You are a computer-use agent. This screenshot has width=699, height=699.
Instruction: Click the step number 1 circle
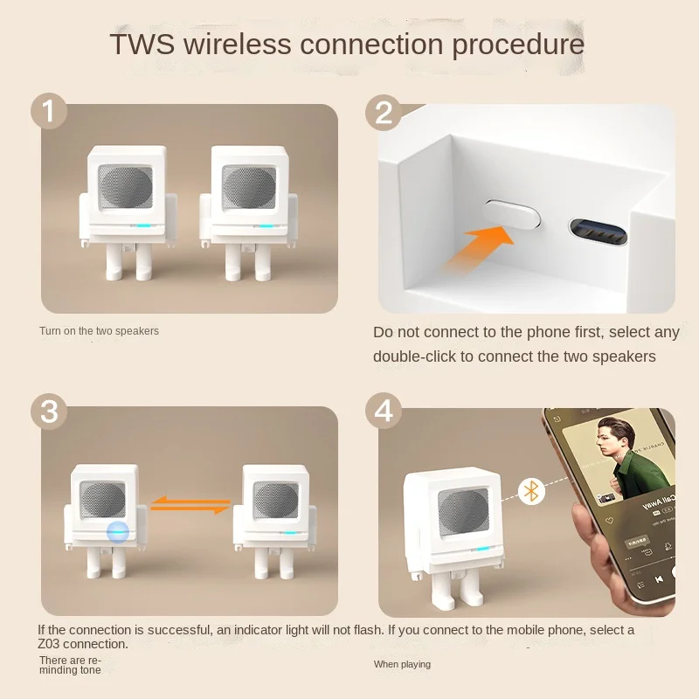point(49,111)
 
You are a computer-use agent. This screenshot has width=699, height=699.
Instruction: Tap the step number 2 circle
point(384,113)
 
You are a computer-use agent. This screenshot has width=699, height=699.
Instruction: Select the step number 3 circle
point(49,412)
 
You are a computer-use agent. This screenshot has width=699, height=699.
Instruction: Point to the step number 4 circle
point(384,411)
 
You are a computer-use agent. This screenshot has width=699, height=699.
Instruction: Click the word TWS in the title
point(142,44)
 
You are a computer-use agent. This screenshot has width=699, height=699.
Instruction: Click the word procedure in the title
point(518,45)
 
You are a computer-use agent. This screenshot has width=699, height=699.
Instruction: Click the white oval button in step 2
point(512,214)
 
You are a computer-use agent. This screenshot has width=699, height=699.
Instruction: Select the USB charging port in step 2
point(599,232)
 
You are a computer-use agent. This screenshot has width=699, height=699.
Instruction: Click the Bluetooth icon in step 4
point(531,492)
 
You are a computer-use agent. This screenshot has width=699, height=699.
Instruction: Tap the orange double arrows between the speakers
point(190,505)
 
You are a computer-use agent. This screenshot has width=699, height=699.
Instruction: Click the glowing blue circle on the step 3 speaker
point(118,532)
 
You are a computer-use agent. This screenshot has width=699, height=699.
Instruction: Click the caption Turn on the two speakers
point(99,331)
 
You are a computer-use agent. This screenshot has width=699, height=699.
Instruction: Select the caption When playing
point(402,664)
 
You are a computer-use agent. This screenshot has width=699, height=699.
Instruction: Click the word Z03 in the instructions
point(49,644)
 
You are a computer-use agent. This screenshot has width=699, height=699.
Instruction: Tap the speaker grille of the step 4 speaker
point(464,511)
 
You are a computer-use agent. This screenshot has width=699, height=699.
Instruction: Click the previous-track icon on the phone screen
point(659,579)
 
